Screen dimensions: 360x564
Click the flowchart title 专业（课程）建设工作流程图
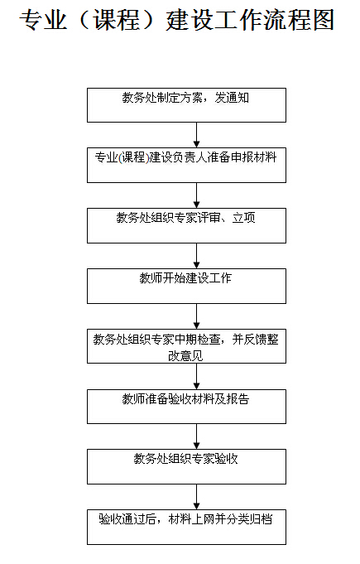(x=177, y=19)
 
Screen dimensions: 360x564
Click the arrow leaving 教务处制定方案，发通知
(x=196, y=135)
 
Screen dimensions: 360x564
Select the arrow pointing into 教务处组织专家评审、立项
(x=196, y=195)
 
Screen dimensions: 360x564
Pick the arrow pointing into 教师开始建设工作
(x=196, y=256)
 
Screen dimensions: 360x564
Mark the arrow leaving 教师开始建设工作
(x=196, y=316)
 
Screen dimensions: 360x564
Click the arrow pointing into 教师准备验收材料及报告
(x=196, y=376)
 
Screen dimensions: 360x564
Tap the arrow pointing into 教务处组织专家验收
(x=196, y=436)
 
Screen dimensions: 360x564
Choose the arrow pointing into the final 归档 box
(x=196, y=497)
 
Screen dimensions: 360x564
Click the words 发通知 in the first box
(x=232, y=98)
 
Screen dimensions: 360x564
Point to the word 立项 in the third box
(x=243, y=218)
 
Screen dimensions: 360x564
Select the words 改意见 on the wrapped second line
(x=185, y=356)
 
